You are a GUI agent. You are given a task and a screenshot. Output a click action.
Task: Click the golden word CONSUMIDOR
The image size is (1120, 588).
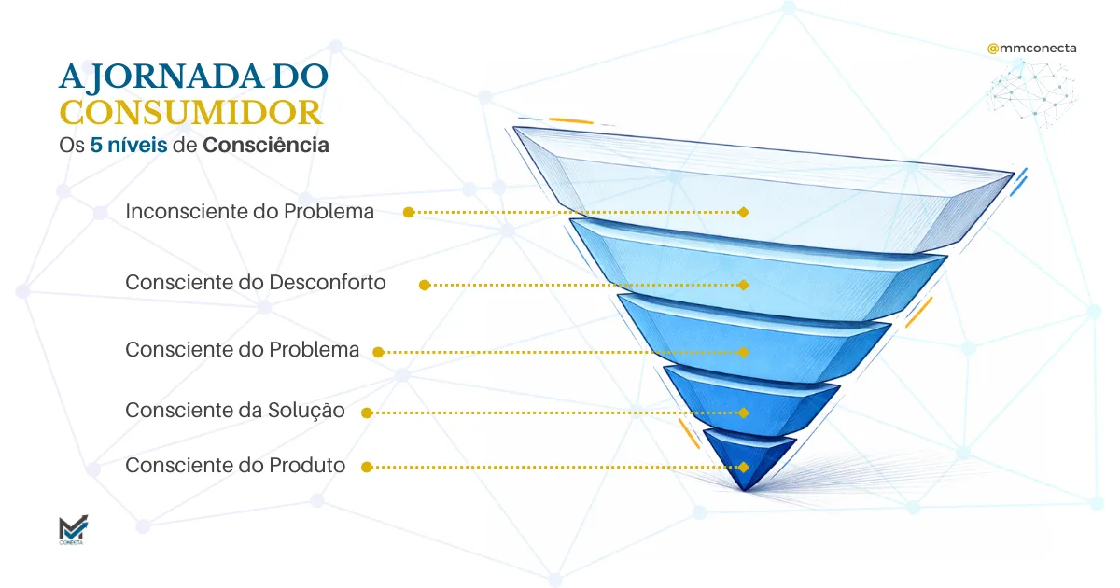pos(191,113)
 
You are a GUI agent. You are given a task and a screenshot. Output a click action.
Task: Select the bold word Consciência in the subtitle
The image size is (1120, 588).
pos(266,146)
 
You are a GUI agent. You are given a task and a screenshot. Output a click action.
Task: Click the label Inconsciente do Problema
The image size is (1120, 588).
pos(249,212)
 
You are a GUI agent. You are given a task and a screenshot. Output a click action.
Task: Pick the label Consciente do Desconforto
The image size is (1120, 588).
pos(255,282)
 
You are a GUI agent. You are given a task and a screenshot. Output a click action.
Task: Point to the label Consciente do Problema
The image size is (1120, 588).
pos(242,350)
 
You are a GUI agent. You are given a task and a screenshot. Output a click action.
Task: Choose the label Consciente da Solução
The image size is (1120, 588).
pos(235,411)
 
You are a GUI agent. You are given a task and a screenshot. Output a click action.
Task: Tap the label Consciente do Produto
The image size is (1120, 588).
pos(235,465)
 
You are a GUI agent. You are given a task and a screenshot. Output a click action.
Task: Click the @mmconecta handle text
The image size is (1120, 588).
pos(1031,47)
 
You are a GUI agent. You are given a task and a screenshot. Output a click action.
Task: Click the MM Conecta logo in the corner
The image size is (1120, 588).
pos(71,530)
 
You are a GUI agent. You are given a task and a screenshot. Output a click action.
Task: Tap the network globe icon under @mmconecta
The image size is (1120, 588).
pos(1031,91)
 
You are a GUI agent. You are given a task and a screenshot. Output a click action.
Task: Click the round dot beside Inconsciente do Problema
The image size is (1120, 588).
pos(408,213)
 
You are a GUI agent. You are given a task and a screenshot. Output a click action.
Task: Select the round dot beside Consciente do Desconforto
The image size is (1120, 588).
pos(424,285)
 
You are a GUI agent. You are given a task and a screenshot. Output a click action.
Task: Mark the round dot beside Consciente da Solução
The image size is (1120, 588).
pos(367,413)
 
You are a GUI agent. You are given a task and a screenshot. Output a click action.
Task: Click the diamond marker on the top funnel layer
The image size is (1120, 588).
pos(743,213)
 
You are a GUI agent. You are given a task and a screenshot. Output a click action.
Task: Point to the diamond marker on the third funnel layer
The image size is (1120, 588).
pos(743,352)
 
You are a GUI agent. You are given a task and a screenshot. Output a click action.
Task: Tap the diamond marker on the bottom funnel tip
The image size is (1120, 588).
pos(743,467)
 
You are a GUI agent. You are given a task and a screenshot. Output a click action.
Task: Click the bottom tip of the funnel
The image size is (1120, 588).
pos(744,488)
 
